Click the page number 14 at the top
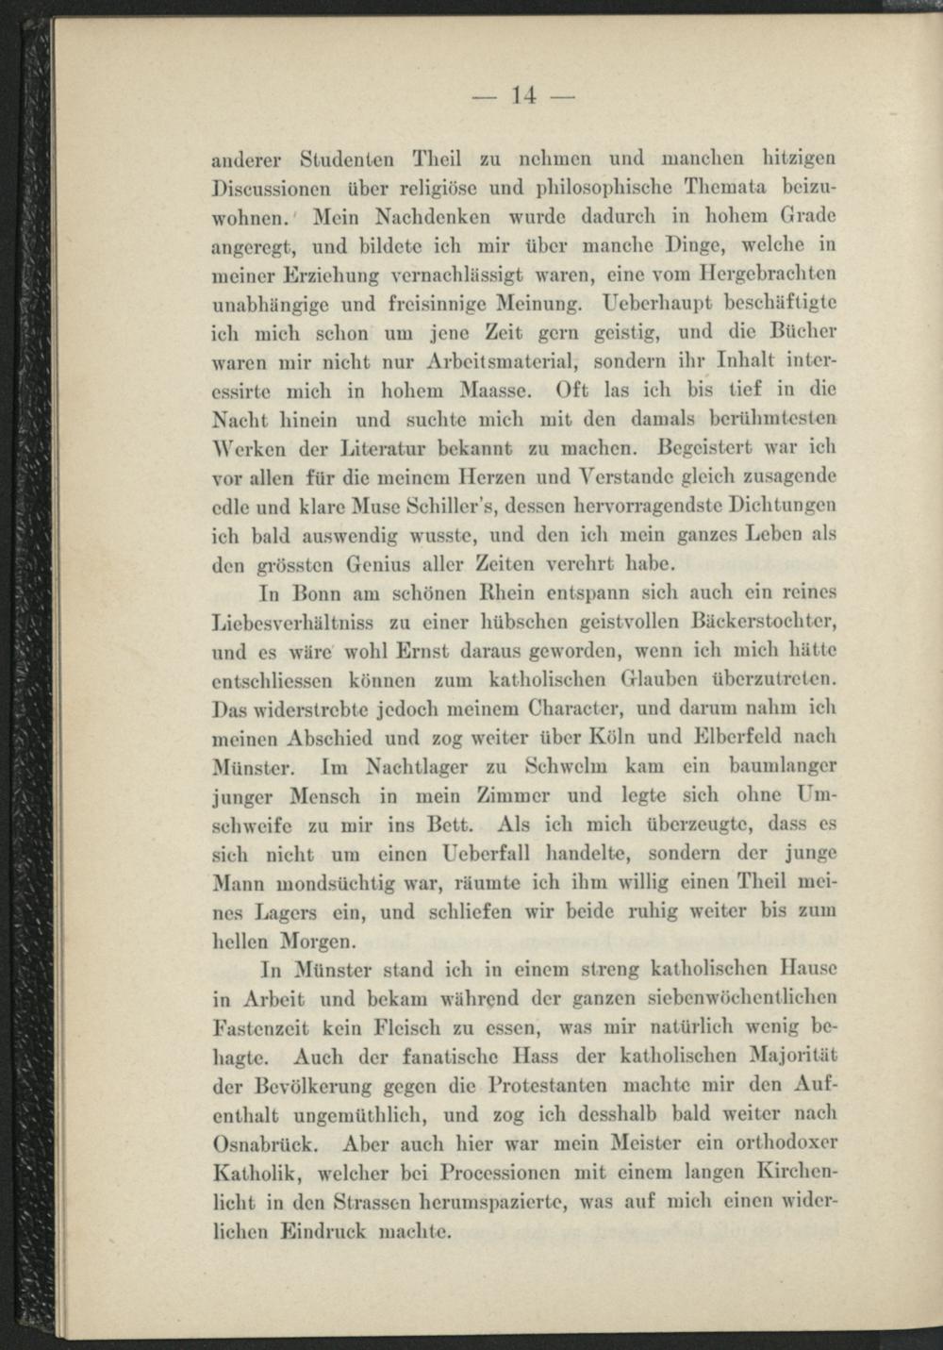click(x=523, y=94)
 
